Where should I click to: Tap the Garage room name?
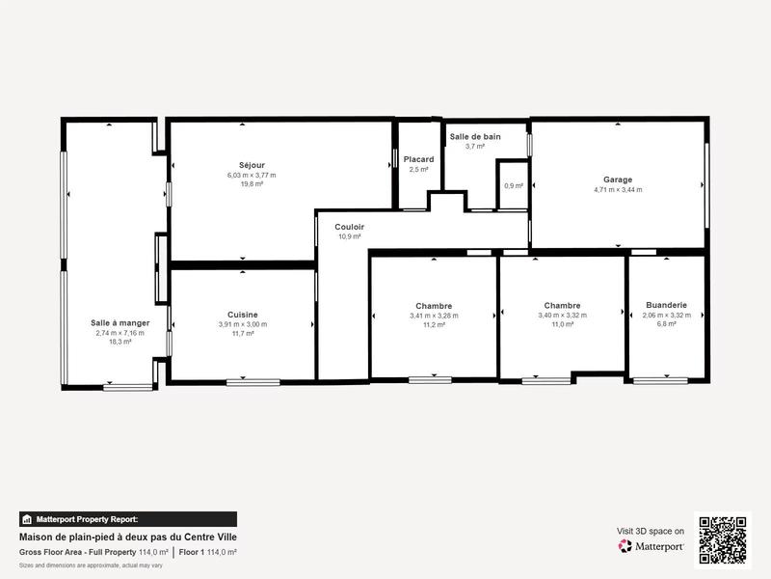(618, 179)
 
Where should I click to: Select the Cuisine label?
(242, 315)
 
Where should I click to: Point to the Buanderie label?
(666, 305)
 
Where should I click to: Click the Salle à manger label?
(120, 322)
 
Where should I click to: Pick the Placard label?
(418, 159)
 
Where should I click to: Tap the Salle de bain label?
(475, 137)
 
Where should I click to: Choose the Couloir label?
(349, 227)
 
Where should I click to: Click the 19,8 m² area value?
(252, 183)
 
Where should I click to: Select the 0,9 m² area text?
(514, 186)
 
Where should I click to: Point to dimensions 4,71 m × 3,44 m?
(618, 190)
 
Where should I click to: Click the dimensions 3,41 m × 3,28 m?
(434, 316)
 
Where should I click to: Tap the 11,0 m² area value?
(562, 324)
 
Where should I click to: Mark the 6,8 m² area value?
(666, 324)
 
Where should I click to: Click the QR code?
(723, 538)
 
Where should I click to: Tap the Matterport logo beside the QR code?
(651, 546)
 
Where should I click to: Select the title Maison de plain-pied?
(128, 537)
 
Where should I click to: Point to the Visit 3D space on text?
(651, 531)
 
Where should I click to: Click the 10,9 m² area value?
(349, 236)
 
